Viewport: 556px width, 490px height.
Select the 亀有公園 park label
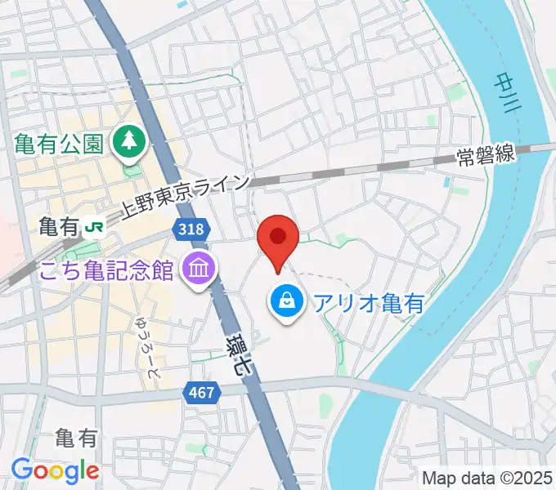coord(59,145)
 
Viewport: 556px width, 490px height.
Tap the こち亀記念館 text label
coord(105,269)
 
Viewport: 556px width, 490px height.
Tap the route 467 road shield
coord(201,393)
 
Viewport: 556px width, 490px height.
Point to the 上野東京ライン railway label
coord(184,198)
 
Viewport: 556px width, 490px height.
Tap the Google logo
coord(55,470)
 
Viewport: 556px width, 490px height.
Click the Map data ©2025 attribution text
coord(488,477)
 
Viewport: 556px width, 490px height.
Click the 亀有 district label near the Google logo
coord(76,439)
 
